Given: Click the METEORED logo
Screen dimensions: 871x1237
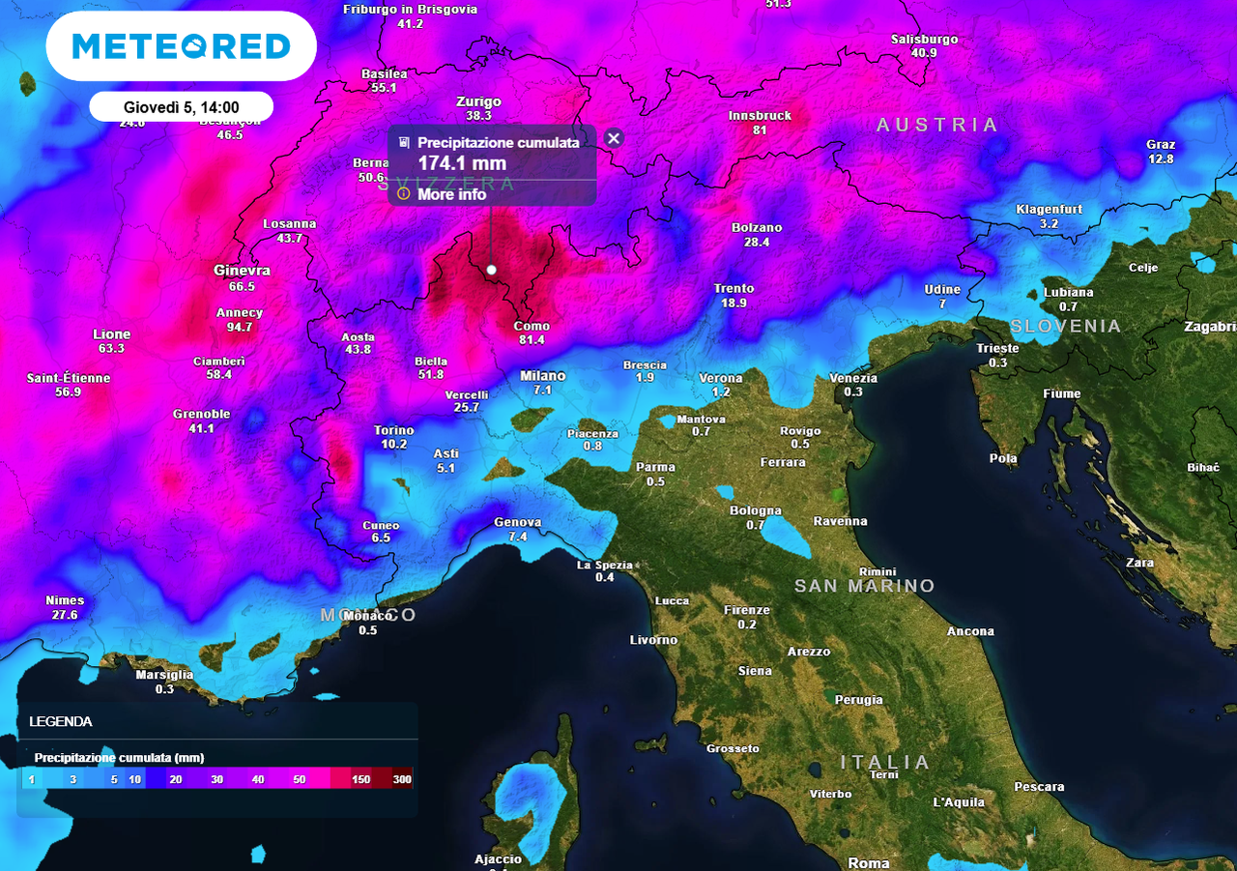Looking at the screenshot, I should point(181,45).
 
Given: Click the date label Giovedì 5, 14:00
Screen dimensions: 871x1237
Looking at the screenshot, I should point(181,106).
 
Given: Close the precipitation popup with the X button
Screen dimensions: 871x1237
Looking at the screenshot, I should point(613,138).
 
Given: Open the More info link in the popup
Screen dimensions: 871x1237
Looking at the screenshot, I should point(451,194).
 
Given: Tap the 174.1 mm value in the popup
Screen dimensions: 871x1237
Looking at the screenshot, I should point(462,163).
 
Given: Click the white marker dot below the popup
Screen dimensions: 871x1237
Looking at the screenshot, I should point(491,270).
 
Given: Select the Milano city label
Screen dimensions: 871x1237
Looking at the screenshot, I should point(542,375).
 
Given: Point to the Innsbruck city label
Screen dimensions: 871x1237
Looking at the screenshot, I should point(760,116).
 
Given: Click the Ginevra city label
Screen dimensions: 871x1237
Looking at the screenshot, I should point(242,271).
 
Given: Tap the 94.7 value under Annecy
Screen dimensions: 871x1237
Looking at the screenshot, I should point(240,328).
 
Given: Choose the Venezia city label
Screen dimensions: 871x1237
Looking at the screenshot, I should point(853,378).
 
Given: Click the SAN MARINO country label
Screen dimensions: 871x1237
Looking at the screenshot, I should point(865,586).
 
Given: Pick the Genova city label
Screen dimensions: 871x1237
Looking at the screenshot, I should point(518,522).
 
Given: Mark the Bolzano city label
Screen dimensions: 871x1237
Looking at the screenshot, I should point(757,228).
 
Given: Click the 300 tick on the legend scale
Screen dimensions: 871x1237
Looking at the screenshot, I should point(402,779).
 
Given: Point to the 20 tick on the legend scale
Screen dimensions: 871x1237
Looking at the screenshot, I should point(176,779).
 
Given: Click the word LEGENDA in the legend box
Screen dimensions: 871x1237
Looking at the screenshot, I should point(61,721).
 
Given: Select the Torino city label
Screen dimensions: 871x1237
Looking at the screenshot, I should point(393,430).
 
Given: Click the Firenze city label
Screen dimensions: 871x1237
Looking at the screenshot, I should point(747,610).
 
